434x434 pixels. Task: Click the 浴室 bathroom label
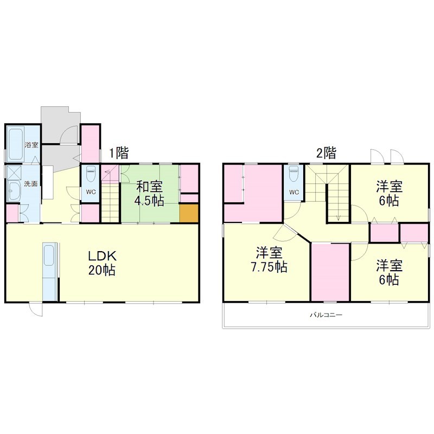(x=31, y=145)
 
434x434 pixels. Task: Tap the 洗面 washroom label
(x=30, y=184)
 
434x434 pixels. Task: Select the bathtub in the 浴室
(x=15, y=143)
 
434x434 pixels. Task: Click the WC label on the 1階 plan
(x=91, y=191)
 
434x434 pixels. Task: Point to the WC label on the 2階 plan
(x=294, y=192)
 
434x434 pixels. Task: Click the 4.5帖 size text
(x=149, y=200)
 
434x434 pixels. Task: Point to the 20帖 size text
(x=103, y=270)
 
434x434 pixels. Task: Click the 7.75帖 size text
(x=269, y=267)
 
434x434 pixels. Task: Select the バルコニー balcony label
(x=326, y=315)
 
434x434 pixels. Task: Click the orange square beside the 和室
(x=189, y=212)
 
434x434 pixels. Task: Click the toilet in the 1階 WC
(x=91, y=175)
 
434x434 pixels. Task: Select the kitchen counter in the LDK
(x=49, y=271)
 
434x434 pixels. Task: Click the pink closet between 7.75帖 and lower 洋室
(x=330, y=271)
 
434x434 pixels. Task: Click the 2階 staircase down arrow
(x=337, y=217)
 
